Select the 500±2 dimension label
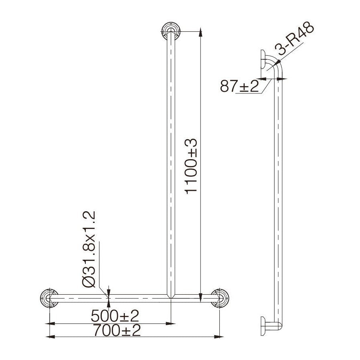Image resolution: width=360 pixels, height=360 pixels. pos(115,316)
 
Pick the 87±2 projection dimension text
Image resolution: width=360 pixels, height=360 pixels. pos(240,86)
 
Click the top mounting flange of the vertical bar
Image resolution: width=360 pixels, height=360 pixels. pos(171,31)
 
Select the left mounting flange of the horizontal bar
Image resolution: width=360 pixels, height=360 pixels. pos(49,299)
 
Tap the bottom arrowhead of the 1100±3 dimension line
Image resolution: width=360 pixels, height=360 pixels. pos(200,296)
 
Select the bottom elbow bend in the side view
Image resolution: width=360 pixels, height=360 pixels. pos(279,323)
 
